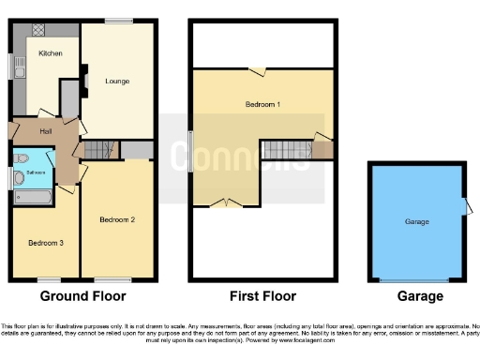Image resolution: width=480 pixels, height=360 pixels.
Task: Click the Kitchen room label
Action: point(51,53)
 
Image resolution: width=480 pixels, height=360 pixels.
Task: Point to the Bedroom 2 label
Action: point(118,219)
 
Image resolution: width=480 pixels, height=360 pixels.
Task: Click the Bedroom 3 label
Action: point(45,243)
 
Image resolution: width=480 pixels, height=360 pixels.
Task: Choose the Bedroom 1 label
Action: point(263,104)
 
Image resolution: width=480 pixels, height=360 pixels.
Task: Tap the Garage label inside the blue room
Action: point(416,221)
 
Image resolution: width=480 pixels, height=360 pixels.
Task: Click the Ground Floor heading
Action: point(82,296)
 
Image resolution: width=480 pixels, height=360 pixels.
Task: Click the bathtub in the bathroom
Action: point(37,198)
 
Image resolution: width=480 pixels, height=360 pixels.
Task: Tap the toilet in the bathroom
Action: point(21,178)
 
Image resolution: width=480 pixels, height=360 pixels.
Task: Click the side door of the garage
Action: point(464,208)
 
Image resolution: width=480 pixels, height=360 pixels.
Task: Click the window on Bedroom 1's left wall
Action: point(191,149)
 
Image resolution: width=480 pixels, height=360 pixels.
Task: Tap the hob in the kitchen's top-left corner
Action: point(39,33)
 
